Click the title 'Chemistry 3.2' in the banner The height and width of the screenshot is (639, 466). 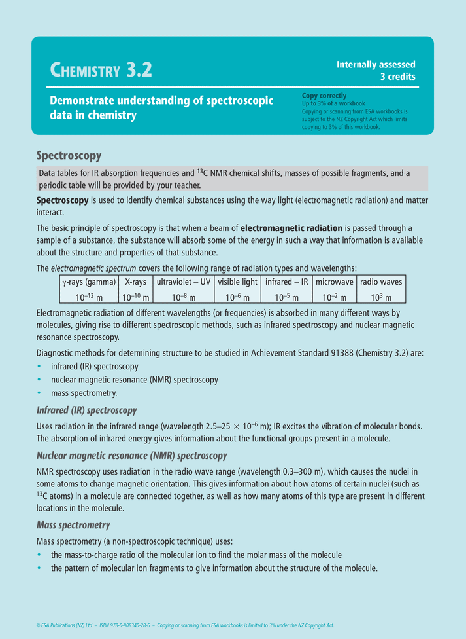tap(101, 69)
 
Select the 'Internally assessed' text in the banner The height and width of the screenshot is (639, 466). tap(376, 64)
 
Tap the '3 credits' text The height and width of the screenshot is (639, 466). tap(397, 76)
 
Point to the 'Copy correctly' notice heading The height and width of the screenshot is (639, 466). tap(324, 96)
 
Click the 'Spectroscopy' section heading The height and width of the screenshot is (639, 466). tap(69, 156)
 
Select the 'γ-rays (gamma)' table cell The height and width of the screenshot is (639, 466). tap(88, 282)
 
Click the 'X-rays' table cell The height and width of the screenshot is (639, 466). tap(135, 282)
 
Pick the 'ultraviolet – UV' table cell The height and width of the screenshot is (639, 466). tap(184, 282)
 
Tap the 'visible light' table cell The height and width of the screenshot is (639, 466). tap(237, 282)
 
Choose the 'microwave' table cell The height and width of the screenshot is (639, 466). tap(334, 282)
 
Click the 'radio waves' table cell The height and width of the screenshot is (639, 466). tap(381, 282)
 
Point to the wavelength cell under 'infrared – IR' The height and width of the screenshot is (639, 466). tap(286, 297)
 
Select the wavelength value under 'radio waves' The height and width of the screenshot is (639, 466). tap(381, 297)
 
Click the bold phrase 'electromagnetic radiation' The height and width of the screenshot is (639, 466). tap(291, 228)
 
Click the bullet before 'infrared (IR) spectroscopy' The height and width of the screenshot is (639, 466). tap(41, 367)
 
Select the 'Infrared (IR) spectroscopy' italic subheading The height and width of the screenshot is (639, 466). tap(86, 411)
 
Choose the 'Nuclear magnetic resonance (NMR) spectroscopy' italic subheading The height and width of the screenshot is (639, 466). tap(131, 455)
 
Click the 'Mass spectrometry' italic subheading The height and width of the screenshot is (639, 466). tap(73, 525)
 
